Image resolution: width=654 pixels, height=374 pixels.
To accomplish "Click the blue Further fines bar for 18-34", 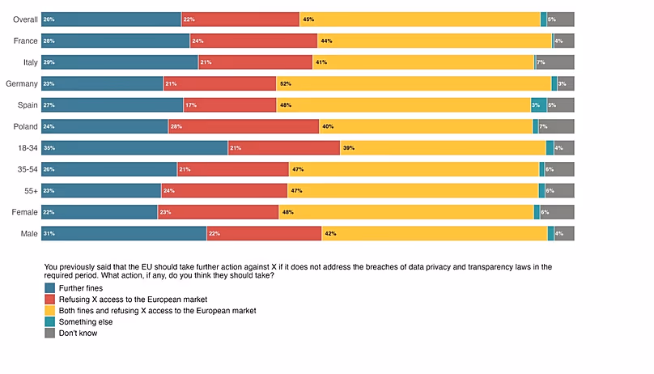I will (x=134, y=147).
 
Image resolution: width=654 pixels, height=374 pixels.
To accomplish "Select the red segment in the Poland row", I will (x=243, y=126).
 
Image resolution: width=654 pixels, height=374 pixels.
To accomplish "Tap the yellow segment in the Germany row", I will (x=413, y=83).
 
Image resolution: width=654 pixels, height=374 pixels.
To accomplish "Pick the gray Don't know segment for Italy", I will (x=554, y=62).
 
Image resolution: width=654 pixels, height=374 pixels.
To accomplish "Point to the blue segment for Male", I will (x=123, y=233).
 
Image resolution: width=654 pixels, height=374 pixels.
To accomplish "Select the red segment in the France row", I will (x=253, y=40).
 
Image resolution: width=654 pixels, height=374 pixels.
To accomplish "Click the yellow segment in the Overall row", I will (x=419, y=19).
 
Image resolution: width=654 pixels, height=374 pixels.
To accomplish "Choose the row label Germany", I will (x=21, y=83).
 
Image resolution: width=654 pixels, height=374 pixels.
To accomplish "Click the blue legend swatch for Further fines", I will (x=49, y=287).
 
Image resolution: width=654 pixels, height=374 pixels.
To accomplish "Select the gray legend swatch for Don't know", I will (x=49, y=333).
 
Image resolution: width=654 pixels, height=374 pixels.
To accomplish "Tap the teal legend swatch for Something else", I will (x=49, y=321).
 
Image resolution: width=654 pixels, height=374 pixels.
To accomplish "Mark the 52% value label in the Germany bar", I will (x=285, y=83).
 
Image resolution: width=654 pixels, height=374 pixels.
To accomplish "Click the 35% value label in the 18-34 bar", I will (x=49, y=147).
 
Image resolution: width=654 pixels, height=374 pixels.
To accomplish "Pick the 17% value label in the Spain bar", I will (x=190, y=104).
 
